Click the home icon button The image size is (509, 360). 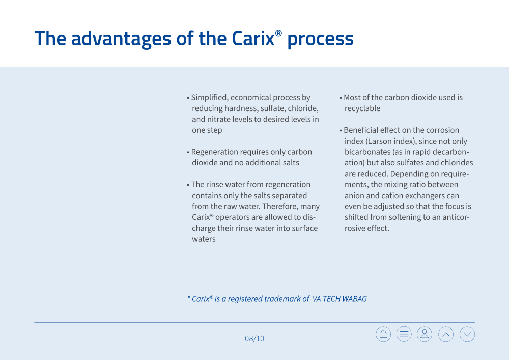click(x=383, y=334)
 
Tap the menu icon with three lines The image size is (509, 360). click(x=404, y=334)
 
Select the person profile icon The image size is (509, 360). click(x=425, y=334)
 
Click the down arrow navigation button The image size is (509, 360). click(x=467, y=334)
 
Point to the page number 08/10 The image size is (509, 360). click(x=254, y=338)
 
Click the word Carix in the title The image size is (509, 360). click(x=253, y=38)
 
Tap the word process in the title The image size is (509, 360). click(x=320, y=40)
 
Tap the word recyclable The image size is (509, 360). click(x=362, y=108)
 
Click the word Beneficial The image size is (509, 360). click(x=360, y=130)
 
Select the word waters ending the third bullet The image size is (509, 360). click(x=204, y=239)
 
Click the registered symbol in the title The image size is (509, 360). click(x=278, y=33)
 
